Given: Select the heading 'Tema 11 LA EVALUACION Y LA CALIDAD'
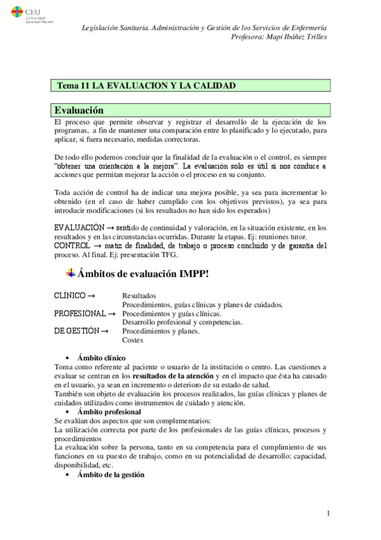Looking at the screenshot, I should point(147,85).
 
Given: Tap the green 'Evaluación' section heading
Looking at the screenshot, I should point(80,110).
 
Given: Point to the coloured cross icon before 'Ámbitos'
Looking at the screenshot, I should point(71,273).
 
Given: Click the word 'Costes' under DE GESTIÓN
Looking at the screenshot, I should point(133,340).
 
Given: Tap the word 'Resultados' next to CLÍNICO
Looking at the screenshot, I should point(139,296).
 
